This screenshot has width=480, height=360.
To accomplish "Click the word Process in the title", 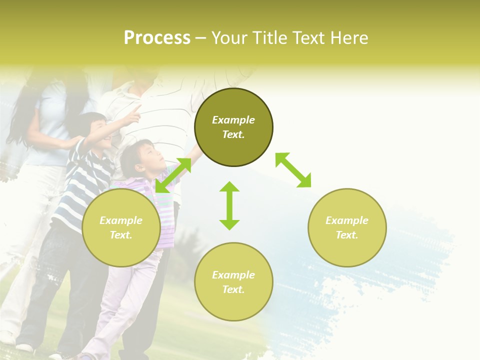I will coord(157,38).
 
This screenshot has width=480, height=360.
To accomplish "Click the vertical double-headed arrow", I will coord(229,205).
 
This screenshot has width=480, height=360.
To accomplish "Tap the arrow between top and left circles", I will coord(173,175).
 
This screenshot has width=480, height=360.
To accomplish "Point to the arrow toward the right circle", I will coord(293,170).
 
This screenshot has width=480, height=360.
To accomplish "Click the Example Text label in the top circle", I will coord(233,127).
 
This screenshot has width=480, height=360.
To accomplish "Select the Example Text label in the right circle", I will coord(347,227).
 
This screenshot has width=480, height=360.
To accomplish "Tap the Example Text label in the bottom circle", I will coord(233,282).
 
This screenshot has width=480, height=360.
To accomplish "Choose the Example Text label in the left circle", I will coord(121,227).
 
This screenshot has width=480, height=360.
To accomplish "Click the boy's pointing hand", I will coord(134,112).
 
